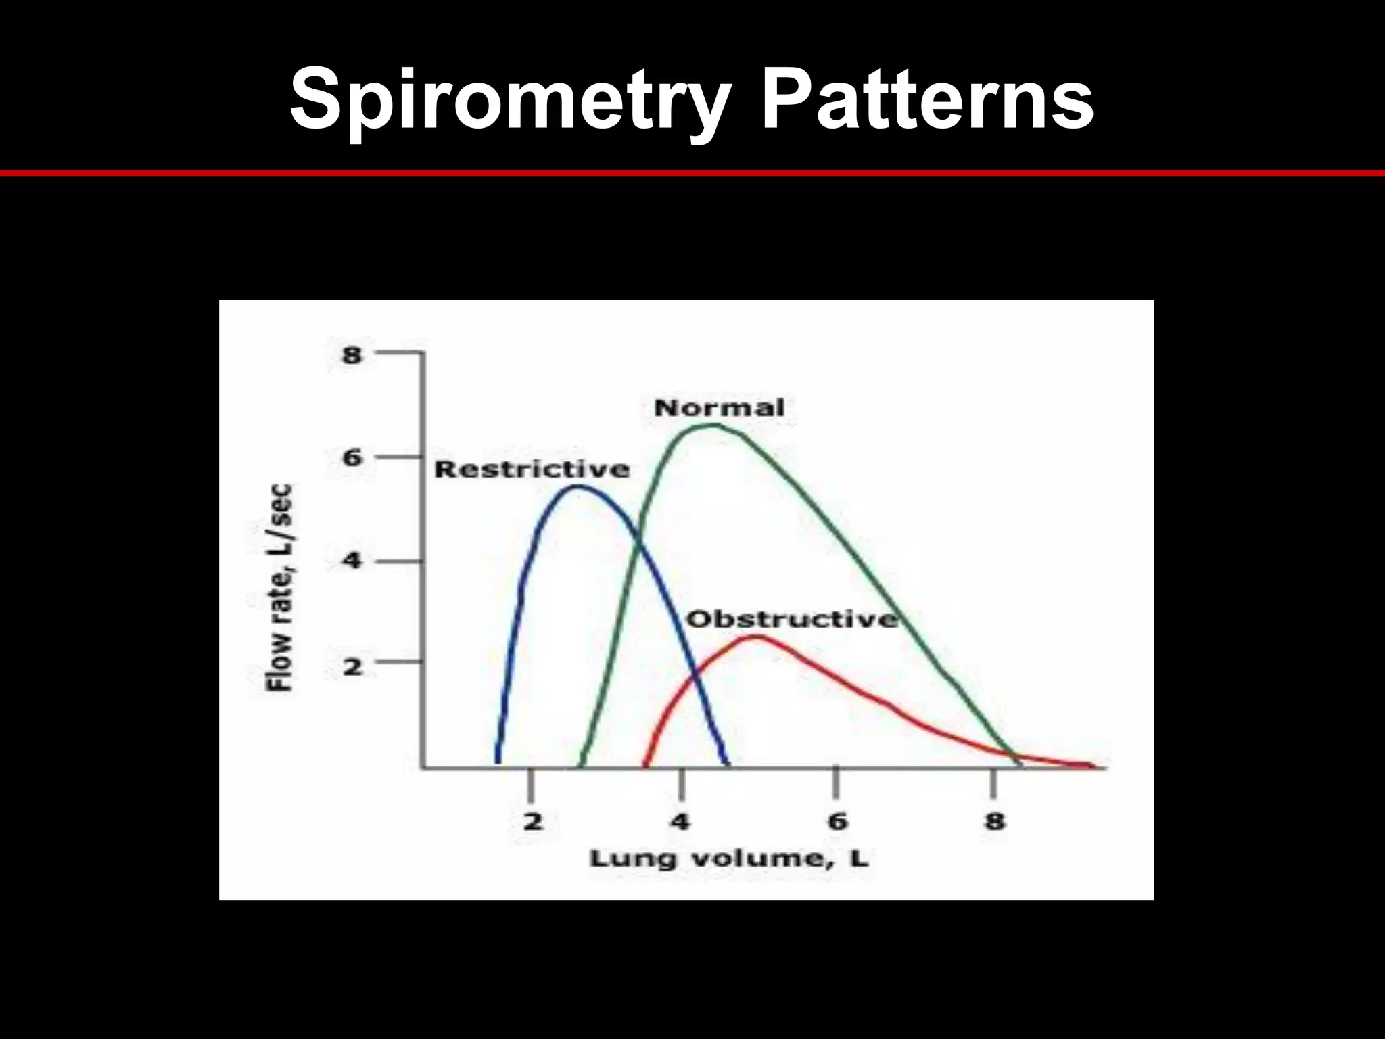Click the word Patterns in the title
pos(927,100)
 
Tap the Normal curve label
pos(720,408)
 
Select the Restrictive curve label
pos(532,469)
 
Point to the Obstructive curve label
pos(792,619)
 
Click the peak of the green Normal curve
pos(713,425)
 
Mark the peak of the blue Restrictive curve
pos(578,486)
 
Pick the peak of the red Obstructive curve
pos(756,636)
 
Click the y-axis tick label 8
pos(352,354)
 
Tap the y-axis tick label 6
pos(352,458)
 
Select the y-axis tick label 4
pos(352,561)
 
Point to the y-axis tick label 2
pos(352,667)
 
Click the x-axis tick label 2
pos(533,822)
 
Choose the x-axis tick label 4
pos(680,822)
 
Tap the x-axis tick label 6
pos(837,822)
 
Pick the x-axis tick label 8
pos(994,822)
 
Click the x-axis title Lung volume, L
pos(729,859)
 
